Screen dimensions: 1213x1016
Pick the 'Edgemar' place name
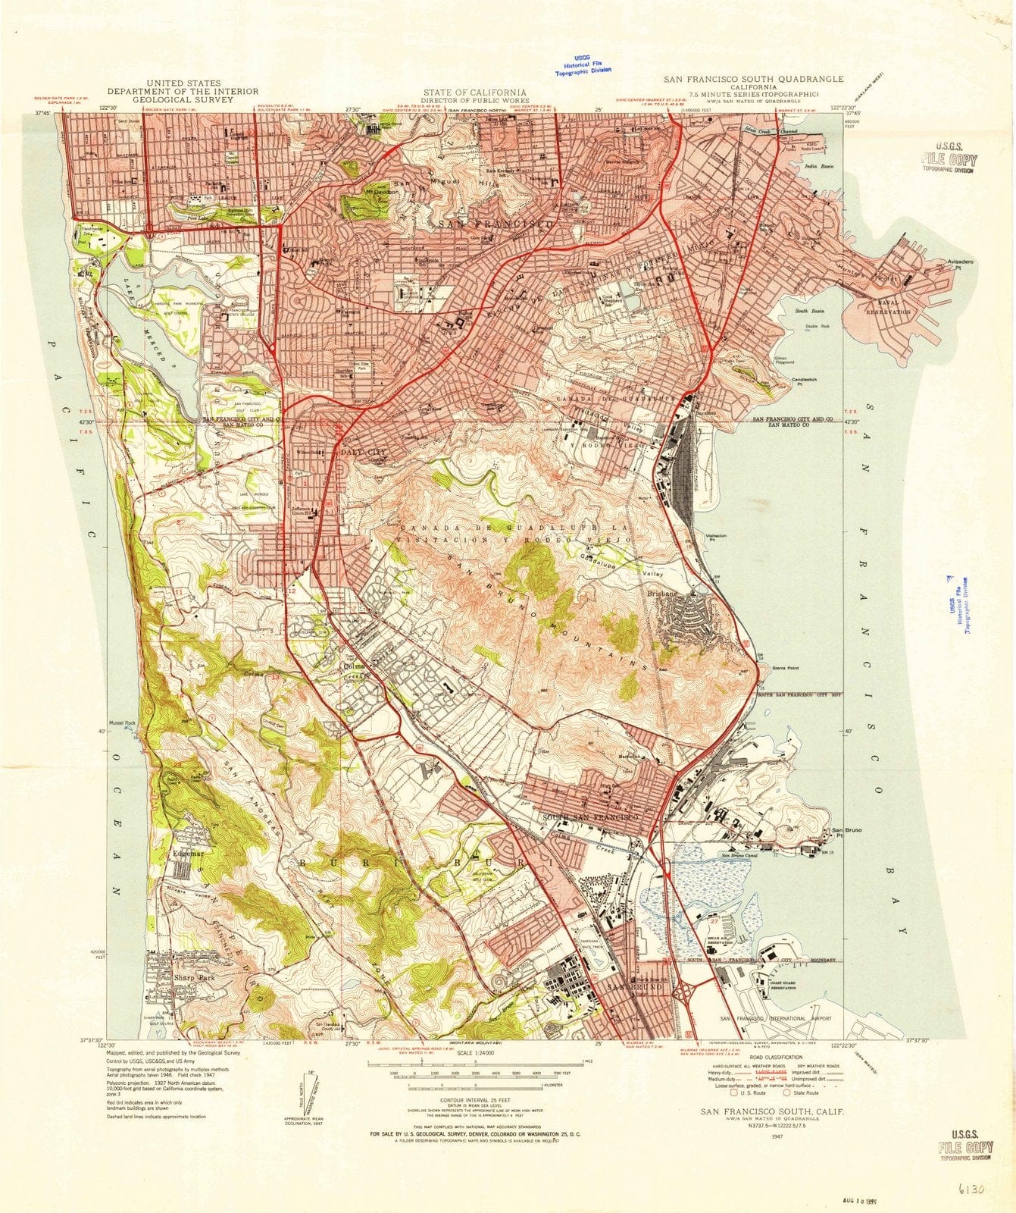coord(189,854)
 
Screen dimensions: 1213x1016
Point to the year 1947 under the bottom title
coord(776,1137)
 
